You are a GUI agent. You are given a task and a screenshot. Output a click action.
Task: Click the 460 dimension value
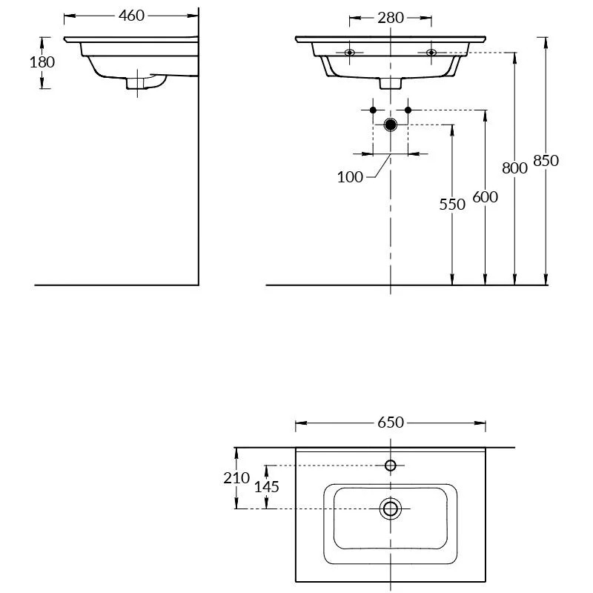coord(131,16)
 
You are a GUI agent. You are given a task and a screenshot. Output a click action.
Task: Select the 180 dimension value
coord(42,62)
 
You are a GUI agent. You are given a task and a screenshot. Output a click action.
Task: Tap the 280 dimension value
coord(391,18)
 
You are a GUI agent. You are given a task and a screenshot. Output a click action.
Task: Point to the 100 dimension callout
coord(350,176)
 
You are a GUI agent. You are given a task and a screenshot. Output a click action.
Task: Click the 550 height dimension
coord(452,204)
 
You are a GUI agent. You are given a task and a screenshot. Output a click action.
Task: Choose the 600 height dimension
coord(485,196)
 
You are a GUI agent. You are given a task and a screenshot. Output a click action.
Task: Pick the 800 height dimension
coord(514,168)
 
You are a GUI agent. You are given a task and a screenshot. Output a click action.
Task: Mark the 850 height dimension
coord(546,160)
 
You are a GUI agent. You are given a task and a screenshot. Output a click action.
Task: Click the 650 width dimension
coord(391,423)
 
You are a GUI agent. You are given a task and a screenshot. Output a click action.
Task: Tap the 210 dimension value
coord(236,478)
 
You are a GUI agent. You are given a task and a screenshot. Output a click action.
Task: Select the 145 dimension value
coord(266,487)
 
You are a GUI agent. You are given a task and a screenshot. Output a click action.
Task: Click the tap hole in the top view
coord(391,466)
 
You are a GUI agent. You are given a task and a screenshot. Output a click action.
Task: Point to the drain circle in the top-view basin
coord(391,508)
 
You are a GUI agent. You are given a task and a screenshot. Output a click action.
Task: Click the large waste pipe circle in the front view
coord(391,125)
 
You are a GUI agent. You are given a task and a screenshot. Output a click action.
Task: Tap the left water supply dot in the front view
coord(374,110)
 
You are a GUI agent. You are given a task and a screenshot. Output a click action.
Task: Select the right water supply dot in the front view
coord(408,110)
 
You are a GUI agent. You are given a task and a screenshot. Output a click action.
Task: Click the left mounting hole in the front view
coord(350,53)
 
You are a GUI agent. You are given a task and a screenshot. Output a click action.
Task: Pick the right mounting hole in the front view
coord(431,53)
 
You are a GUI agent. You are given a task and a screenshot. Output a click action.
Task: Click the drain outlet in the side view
coord(136,84)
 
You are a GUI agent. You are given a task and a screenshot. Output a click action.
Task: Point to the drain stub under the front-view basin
coord(391,83)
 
